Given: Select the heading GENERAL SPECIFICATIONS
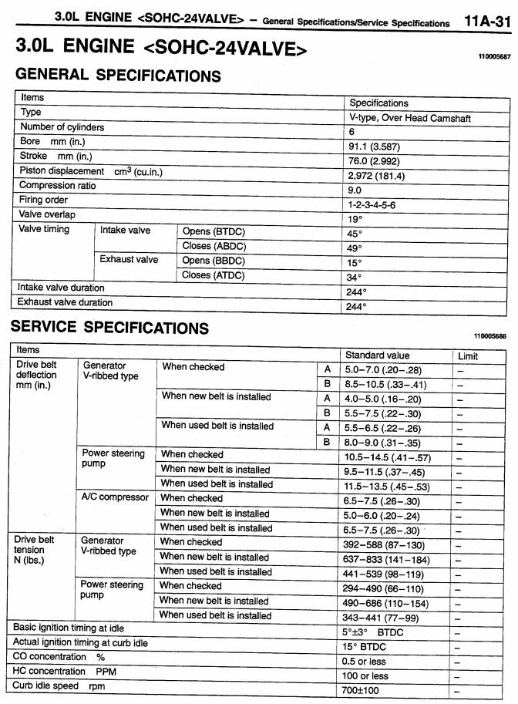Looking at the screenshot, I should coord(118,76).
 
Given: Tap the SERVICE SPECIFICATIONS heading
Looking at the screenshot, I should coord(109,327).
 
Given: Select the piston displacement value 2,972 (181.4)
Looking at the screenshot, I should coord(377,176).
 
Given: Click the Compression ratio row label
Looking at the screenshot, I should coord(58,186).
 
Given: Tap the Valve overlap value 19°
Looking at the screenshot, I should coord(355,219).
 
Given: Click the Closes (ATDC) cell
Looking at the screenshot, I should coord(214,275).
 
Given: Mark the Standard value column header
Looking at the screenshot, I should coord(377,355).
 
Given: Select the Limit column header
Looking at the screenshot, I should coord(468,356).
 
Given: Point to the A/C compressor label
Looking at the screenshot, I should coord(116,497).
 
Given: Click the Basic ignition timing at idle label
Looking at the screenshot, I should coord(69,628).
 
